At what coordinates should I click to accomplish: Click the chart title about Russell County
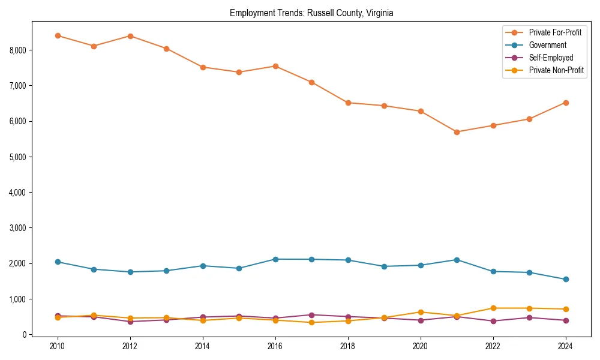click(x=311, y=13)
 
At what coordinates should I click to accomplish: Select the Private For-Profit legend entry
click(x=555, y=32)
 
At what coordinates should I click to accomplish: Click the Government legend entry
click(x=547, y=45)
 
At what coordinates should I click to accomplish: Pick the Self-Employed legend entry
click(x=551, y=58)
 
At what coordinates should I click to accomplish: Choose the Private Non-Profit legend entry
click(x=556, y=70)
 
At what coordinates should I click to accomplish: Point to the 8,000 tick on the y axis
click(x=17, y=50)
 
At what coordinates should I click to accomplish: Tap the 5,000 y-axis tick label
click(x=17, y=157)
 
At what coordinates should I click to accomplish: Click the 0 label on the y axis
click(x=24, y=335)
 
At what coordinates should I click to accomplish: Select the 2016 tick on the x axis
click(x=275, y=347)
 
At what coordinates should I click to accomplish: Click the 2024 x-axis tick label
click(x=565, y=347)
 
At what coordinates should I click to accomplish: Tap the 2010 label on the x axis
click(x=58, y=347)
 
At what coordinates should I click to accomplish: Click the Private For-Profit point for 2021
click(x=457, y=132)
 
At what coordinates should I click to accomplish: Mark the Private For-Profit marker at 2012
click(x=130, y=36)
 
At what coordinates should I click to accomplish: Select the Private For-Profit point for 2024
click(x=565, y=103)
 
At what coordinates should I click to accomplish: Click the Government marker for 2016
click(x=275, y=259)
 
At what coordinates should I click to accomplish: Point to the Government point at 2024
click(x=565, y=280)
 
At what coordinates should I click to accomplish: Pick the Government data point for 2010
click(x=58, y=262)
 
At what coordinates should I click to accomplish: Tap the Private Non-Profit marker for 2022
click(x=493, y=308)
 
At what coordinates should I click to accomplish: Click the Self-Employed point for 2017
click(x=311, y=315)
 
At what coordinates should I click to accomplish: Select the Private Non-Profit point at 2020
click(x=421, y=312)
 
